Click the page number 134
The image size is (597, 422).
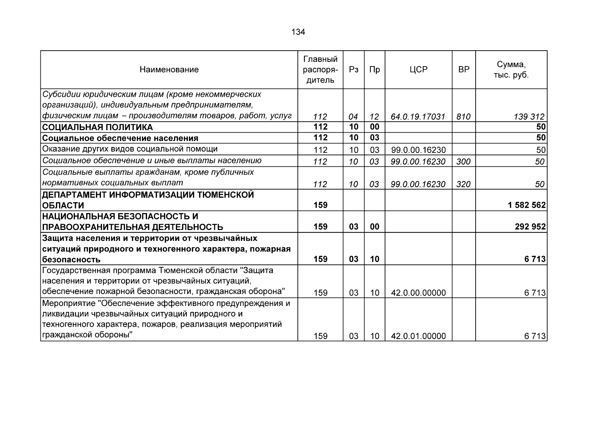(298, 32)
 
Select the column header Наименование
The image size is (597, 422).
(169, 70)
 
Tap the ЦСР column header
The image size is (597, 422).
(418, 70)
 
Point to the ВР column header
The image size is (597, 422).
(464, 70)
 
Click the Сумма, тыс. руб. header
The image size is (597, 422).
(511, 70)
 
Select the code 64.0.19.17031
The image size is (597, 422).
(418, 117)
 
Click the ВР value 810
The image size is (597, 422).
(463, 117)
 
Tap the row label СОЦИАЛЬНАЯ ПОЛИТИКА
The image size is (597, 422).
(97, 127)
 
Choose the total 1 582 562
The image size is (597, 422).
(527, 205)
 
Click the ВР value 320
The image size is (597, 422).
(463, 184)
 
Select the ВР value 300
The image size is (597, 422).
(463, 162)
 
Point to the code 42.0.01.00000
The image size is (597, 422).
(418, 336)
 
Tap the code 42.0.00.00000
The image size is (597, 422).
(418, 293)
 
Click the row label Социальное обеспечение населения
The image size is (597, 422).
(120, 138)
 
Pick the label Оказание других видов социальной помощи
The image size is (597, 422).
(130, 149)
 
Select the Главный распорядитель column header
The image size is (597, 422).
(320, 70)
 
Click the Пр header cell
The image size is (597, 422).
(375, 70)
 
